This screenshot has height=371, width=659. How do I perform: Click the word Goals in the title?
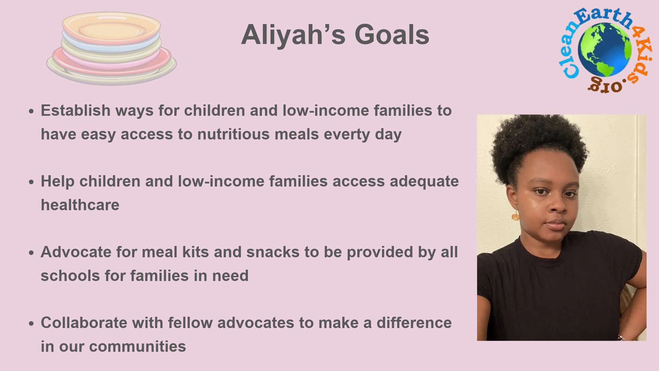[392, 35]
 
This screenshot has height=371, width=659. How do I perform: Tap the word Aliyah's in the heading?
[293, 35]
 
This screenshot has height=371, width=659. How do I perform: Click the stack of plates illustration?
[112, 48]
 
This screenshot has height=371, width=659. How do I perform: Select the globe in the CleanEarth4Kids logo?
[605, 50]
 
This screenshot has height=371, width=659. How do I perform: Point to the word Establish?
[76, 110]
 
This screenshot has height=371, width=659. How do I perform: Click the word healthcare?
[80, 205]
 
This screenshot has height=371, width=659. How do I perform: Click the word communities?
[137, 346]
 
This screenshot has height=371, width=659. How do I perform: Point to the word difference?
[414, 323]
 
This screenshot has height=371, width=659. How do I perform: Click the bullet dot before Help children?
[32, 182]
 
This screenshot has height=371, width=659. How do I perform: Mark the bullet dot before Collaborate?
[32, 324]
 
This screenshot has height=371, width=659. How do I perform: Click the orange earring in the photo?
[515, 216]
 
